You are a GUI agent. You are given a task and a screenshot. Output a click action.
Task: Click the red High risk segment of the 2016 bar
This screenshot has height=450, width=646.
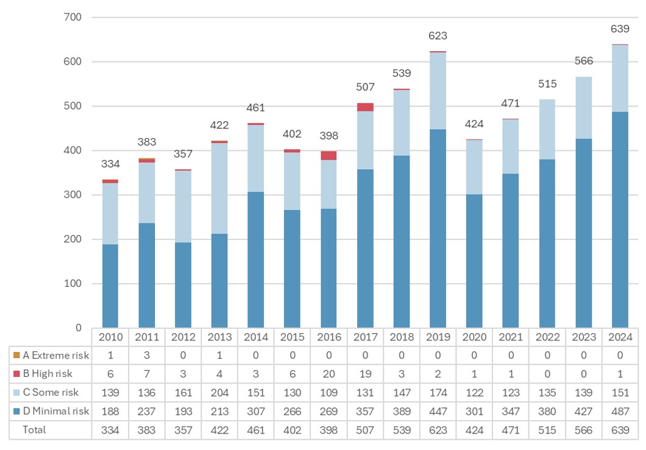tap(329, 155)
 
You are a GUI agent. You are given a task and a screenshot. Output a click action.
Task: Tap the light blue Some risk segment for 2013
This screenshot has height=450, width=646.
tap(219, 188)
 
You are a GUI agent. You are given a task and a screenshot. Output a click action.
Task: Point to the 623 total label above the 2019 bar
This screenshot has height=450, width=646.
tap(438, 36)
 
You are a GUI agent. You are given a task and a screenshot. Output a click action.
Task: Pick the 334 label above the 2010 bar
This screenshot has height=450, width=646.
tap(110, 164)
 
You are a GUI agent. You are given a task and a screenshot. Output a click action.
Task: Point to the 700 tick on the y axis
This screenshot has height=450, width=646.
tap(73, 17)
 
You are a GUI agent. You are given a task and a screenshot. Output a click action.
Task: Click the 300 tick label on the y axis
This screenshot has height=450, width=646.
tap(73, 195)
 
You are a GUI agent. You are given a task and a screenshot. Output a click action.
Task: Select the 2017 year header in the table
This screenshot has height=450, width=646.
tap(366, 337)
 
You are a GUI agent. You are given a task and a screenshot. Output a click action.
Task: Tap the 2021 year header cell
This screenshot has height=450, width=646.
tap(511, 337)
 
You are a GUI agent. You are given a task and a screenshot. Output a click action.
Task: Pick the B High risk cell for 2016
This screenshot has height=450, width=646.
tap(329, 374)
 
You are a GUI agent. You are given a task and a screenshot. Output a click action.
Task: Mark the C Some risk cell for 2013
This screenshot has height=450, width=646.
tap(219, 393)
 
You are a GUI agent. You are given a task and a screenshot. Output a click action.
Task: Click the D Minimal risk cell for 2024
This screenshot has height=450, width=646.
tap(620, 411)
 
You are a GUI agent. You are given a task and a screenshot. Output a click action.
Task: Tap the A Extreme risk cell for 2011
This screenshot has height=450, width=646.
tap(147, 355)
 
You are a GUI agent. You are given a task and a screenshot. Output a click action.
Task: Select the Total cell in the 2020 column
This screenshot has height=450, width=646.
tap(474, 429)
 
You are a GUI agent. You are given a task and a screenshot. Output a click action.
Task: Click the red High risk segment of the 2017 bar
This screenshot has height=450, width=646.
tap(366, 107)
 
